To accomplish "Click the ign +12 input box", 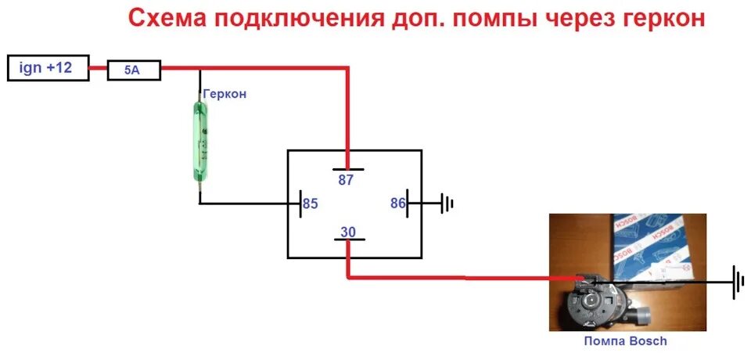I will point(47,68).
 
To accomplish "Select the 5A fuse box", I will point(133,70).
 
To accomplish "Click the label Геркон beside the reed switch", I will point(225,93).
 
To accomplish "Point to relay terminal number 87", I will point(346,179).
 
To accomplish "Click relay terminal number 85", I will point(311,204).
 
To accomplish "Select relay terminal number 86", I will point(398,203).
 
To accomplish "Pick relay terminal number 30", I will point(347,231).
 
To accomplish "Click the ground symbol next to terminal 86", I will point(447,204).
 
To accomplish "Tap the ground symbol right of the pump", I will point(735,282).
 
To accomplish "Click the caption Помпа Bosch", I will point(626,340).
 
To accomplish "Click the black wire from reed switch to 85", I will point(250,204).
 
